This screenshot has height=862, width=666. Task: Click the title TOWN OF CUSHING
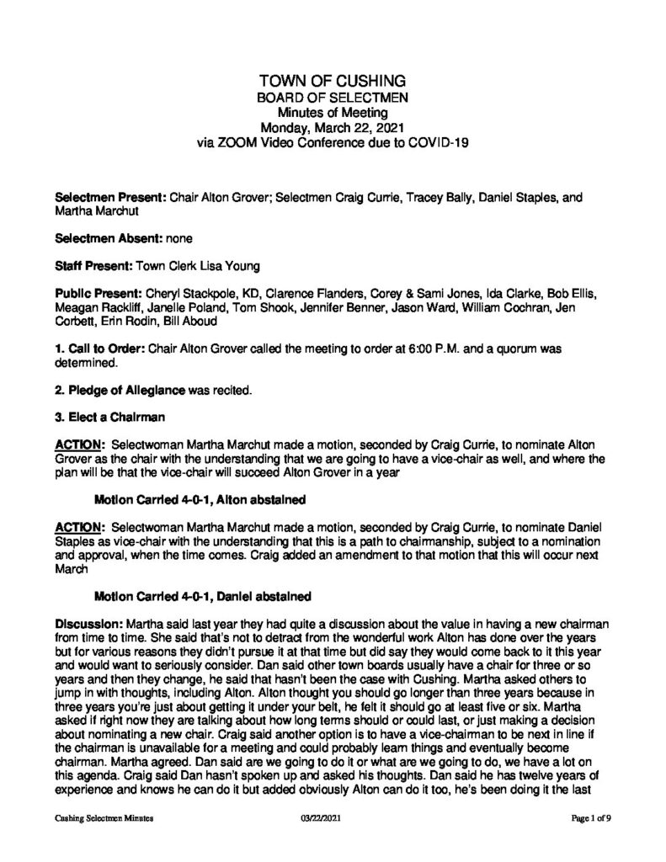click(333, 81)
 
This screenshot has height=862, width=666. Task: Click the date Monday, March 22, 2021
click(333, 128)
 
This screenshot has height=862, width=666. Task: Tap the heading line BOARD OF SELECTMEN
click(333, 98)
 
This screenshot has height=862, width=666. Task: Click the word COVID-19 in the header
click(432, 143)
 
